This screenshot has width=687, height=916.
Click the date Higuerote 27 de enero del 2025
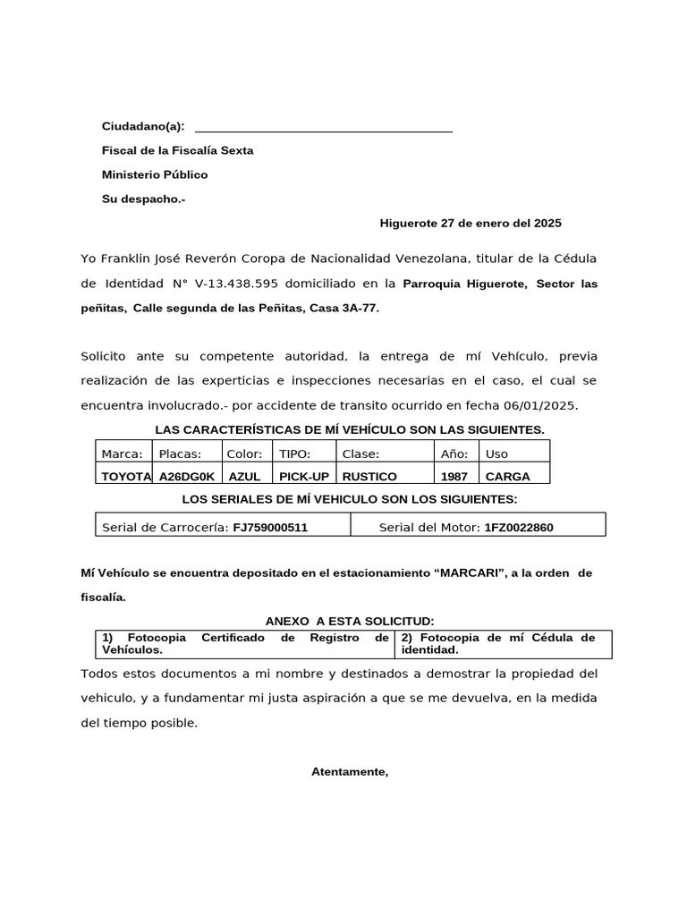coord(471,223)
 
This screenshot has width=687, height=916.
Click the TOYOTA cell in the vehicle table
coord(126,477)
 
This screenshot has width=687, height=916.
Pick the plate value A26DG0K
coord(187,477)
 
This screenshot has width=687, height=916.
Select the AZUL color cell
coord(244,477)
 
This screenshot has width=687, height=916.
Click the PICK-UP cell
coord(303,477)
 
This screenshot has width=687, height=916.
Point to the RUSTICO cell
coord(369,477)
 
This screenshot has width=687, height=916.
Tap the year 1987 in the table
coord(454,477)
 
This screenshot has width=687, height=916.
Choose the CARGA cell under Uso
coord(507,477)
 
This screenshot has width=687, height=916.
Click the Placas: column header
coord(180,454)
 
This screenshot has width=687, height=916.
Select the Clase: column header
coord(360,454)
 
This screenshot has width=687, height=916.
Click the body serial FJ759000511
coord(270,528)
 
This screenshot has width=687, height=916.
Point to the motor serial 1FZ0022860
coord(518,528)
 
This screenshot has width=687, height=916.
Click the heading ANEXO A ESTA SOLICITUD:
coord(350,621)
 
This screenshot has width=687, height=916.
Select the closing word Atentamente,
coord(350,771)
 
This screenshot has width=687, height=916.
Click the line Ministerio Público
coord(155,174)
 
